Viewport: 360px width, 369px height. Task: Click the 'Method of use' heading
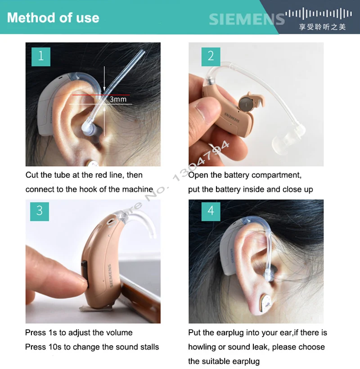coord(53,18)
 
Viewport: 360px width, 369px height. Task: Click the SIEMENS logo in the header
coord(247,19)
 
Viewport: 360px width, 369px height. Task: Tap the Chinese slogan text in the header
coord(322,27)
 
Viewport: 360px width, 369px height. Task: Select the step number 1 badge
coord(41,56)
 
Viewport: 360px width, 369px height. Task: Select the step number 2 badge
coord(211,56)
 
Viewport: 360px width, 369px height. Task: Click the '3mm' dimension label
coord(118,99)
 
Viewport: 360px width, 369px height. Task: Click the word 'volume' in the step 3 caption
coord(119,333)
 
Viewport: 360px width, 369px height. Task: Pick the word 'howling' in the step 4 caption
coord(202,347)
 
